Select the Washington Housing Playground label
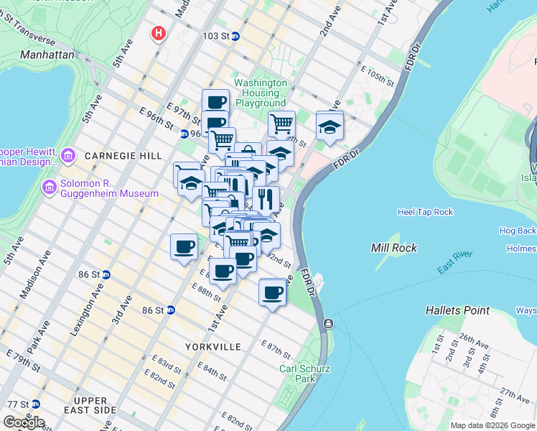point(261,93)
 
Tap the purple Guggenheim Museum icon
point(50,188)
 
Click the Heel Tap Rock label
point(425,212)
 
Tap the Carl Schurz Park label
point(305,374)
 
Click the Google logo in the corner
point(24,422)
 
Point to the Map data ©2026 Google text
point(492,425)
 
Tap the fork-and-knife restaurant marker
point(266,198)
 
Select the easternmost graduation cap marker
point(330,126)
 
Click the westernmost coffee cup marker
point(184,247)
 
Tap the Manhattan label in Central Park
point(47,54)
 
